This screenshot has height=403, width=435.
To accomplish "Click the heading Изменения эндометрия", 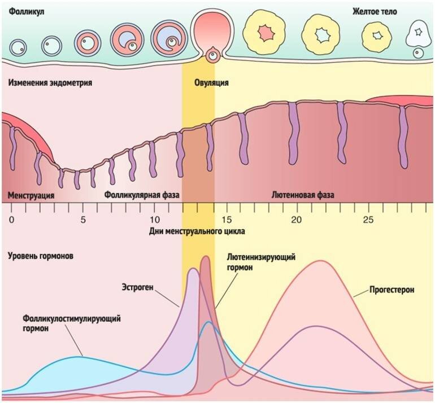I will (x=50, y=83).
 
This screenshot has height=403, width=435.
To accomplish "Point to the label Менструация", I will (x=31, y=195).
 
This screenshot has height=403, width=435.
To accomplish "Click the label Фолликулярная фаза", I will (x=142, y=195).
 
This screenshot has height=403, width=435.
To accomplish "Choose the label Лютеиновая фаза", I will (x=303, y=195).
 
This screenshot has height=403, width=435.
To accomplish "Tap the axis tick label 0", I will (x=11, y=219).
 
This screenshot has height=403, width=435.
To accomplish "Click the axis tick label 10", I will (x=154, y=219).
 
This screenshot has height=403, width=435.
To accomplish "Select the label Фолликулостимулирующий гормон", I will (x=72, y=323).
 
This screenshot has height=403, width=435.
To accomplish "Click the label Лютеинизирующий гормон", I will (x=261, y=262).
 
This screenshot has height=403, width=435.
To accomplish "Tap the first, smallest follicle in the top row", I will (x=19, y=46).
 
